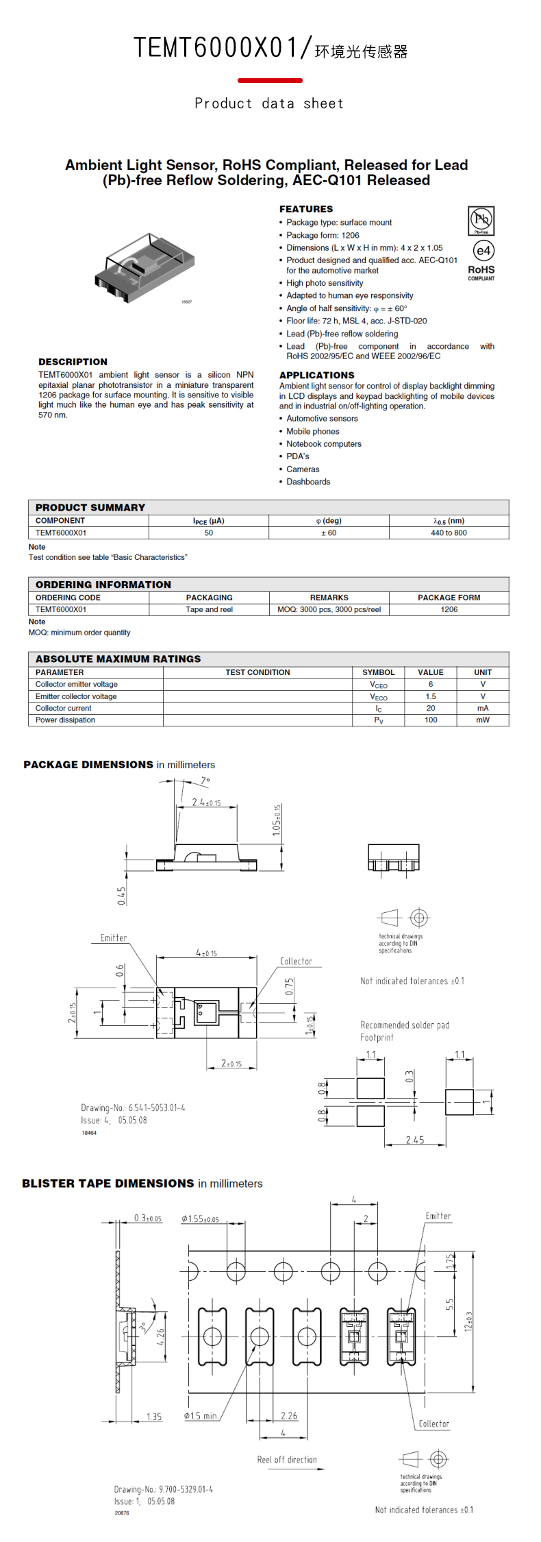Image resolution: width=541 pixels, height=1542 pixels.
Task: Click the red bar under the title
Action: [x=270, y=80]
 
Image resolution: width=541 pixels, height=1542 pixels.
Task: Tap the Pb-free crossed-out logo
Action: [x=481, y=220]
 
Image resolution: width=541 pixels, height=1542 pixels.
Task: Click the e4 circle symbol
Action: [x=483, y=251]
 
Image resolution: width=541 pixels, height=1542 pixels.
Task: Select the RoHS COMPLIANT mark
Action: [x=481, y=273]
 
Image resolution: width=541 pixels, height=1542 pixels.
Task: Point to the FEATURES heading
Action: [x=305, y=209]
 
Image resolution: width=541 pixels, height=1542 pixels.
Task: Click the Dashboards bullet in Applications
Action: [x=308, y=482]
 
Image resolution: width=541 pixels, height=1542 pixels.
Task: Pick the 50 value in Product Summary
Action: [x=209, y=533]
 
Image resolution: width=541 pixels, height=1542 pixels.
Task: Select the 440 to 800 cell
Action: [x=449, y=533]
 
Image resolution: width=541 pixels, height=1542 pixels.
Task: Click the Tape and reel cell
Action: [x=209, y=609]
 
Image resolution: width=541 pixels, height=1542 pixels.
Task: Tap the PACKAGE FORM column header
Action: [x=449, y=598]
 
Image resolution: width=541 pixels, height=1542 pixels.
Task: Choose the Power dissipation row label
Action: [x=66, y=720]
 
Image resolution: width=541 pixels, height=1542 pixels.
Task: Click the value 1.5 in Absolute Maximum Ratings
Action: [x=431, y=696]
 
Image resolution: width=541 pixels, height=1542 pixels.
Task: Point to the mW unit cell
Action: [x=483, y=720]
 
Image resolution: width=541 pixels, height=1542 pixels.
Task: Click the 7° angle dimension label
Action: [x=205, y=781]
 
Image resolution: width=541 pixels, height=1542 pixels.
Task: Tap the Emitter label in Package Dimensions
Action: [x=114, y=938]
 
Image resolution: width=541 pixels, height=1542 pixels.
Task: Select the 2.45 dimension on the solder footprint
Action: [x=414, y=1140]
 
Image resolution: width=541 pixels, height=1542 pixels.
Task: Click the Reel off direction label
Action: [x=287, y=1460]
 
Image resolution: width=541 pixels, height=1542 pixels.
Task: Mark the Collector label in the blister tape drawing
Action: [x=434, y=1423]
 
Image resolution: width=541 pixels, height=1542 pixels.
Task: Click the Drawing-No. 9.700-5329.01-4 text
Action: [x=163, y=1489]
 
